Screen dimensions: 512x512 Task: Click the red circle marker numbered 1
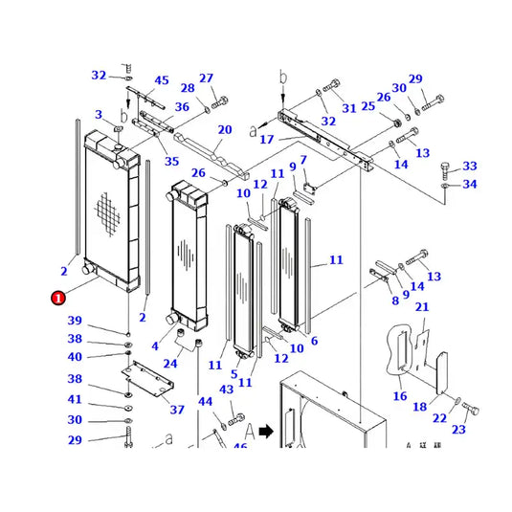click(x=58, y=298)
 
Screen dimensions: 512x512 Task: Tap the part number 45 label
click(x=162, y=80)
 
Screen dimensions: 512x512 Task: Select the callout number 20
click(x=225, y=130)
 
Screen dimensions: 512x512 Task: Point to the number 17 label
click(x=267, y=140)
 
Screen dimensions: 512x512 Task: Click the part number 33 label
click(x=469, y=167)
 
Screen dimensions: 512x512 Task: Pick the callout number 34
click(x=469, y=184)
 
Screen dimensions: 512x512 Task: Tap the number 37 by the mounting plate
click(x=177, y=410)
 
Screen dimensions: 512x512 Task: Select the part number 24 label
click(x=171, y=364)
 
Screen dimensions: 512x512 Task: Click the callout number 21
click(x=422, y=307)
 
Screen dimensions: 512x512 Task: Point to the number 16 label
click(x=400, y=396)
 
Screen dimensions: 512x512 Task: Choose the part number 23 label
click(x=458, y=431)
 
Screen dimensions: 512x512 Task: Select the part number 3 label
click(x=98, y=116)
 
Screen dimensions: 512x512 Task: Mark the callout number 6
click(x=314, y=342)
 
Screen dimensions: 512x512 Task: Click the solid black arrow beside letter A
click(x=264, y=432)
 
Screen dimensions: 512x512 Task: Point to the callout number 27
click(x=207, y=79)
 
